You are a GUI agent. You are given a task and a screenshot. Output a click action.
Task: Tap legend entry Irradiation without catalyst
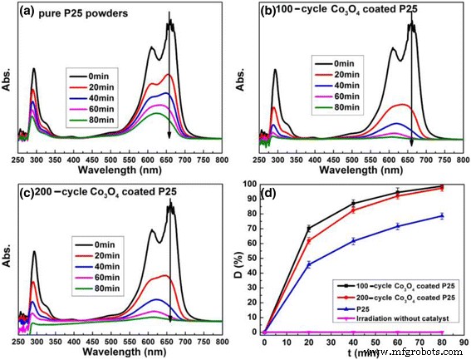point(395,319)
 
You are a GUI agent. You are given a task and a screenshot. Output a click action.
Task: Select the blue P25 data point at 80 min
point(442,215)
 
